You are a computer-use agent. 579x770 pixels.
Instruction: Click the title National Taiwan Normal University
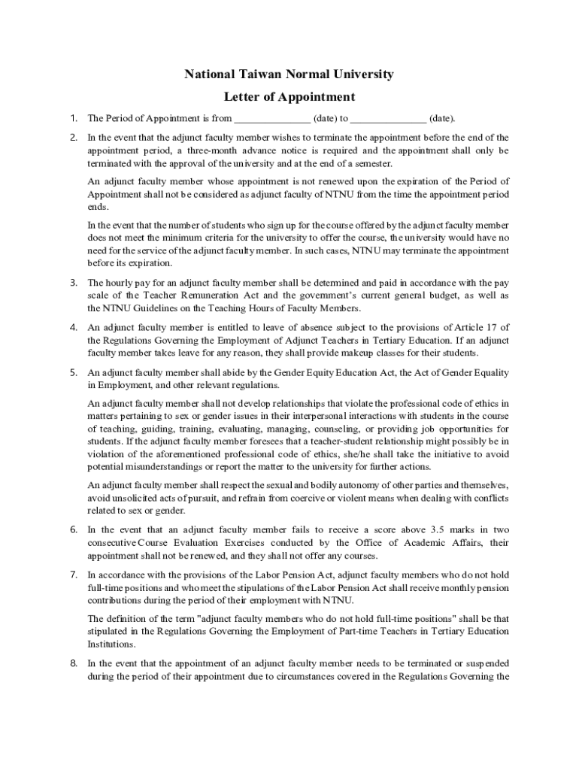[x=289, y=74]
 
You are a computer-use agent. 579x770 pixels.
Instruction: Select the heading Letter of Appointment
[x=289, y=97]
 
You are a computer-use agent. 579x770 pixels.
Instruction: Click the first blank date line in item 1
[x=271, y=119]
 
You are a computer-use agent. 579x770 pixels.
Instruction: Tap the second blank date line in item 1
[x=388, y=119]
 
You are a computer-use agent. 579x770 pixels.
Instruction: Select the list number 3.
[x=74, y=283]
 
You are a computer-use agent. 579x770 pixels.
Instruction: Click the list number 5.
[x=74, y=372]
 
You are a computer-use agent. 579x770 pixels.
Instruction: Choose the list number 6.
[x=74, y=529]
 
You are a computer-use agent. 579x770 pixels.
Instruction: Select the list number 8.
[x=74, y=663]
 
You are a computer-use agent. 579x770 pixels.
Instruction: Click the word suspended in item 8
[x=486, y=663]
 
